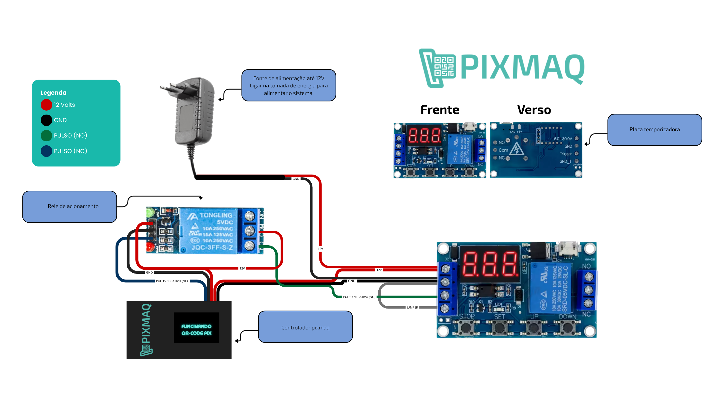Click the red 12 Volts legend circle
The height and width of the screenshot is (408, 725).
click(x=46, y=105)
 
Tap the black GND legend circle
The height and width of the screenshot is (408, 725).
click(x=46, y=120)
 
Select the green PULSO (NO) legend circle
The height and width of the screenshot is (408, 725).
click(x=46, y=135)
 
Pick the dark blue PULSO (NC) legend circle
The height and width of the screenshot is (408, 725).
click(x=46, y=151)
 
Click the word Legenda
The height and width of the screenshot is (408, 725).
click(x=53, y=93)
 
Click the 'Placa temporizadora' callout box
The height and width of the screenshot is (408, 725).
click(x=654, y=130)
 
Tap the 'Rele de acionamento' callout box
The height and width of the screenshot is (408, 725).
click(x=69, y=207)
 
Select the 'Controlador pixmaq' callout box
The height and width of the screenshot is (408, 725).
click(x=305, y=327)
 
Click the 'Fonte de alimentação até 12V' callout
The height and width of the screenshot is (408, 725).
click(x=288, y=86)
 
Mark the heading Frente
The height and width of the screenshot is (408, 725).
click(x=440, y=110)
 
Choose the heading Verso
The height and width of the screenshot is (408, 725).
click(x=534, y=110)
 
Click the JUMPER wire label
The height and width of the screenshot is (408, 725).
click(x=412, y=308)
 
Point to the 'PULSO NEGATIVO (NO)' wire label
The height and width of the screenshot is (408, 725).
click(x=359, y=297)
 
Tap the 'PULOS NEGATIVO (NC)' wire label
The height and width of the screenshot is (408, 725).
click(x=172, y=281)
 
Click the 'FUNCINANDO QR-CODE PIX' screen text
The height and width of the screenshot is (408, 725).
click(x=196, y=330)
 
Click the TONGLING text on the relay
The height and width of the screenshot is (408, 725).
click(x=216, y=215)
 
